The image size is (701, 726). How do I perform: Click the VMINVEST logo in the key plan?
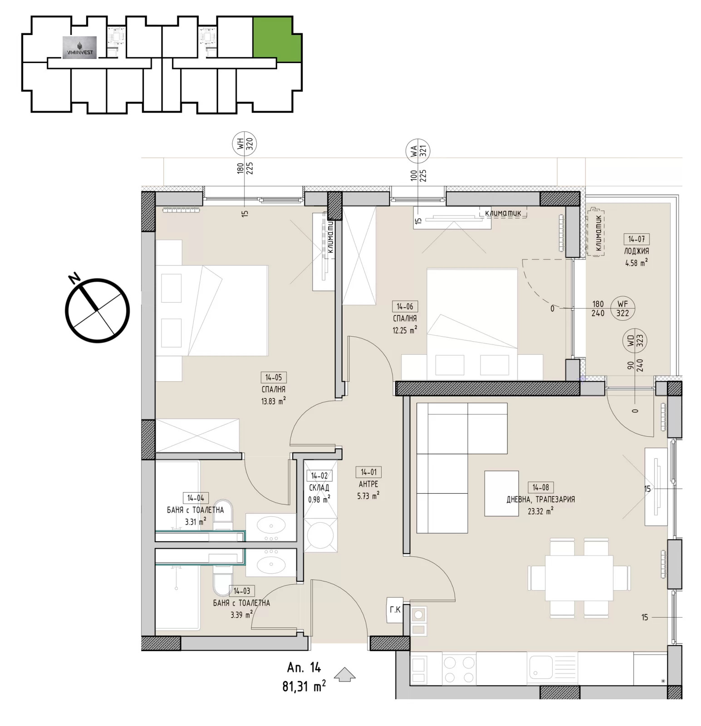tap(79, 48)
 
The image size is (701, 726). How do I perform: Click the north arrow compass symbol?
tap(98, 310)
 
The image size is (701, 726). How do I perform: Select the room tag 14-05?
tap(274, 377)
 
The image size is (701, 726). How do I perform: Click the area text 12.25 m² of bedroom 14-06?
tap(405, 330)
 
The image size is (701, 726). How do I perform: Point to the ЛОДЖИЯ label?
tap(636, 251)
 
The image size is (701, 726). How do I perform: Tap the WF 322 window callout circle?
tap(623, 309)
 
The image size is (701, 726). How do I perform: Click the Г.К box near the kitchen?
tap(395, 610)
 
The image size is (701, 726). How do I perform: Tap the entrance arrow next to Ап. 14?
tap(344, 674)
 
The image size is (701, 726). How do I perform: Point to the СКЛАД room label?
tap(319, 487)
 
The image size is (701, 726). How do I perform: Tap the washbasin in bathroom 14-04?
tap(271, 526)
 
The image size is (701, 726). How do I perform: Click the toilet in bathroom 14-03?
tap(222, 584)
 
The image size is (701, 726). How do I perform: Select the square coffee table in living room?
tap(501, 493)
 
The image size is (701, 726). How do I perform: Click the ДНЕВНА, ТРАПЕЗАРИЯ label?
tap(540, 499)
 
